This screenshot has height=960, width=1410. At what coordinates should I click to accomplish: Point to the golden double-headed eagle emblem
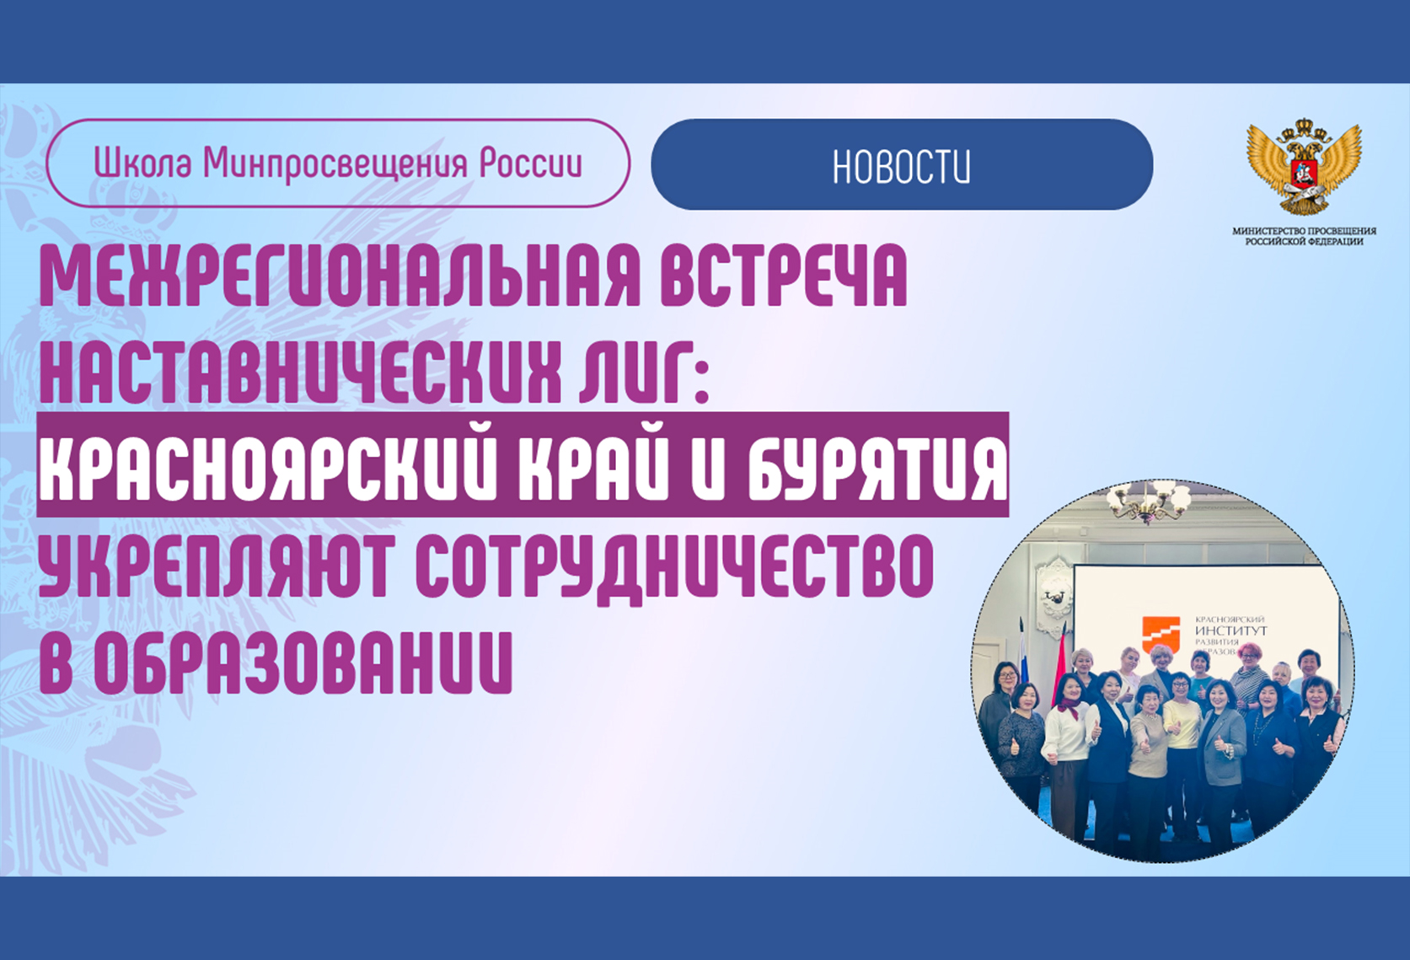pos(1305,166)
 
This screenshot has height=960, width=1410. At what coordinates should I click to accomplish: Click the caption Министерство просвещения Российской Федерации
pos(1305,236)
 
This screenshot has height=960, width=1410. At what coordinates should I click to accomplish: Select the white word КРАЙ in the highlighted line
pos(593,466)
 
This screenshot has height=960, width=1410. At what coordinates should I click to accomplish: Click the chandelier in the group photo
pos(1150,501)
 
